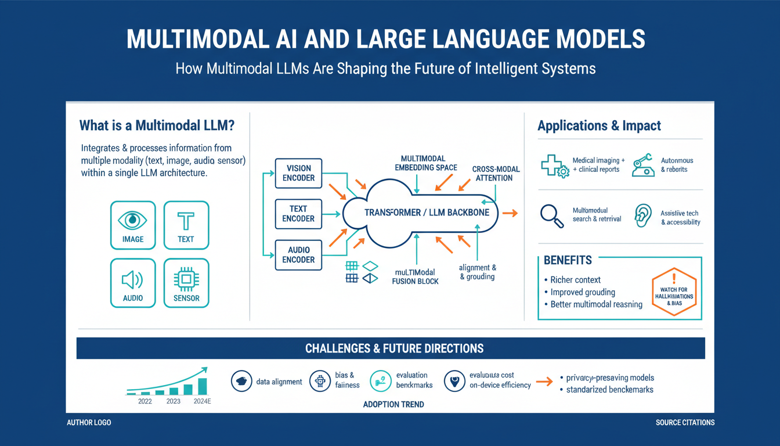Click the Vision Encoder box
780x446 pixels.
tap(298, 173)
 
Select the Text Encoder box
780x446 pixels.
tap(298, 214)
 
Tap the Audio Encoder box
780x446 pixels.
tap(298, 255)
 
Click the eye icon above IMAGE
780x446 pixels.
tap(132, 220)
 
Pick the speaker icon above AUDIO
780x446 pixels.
tap(132, 280)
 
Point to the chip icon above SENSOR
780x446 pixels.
tap(186, 280)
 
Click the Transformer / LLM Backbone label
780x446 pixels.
tap(427, 213)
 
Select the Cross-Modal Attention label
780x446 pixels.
tap(496, 174)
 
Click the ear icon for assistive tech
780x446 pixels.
tap(642, 214)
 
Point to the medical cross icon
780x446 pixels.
tap(554, 166)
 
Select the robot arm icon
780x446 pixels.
tap(642, 164)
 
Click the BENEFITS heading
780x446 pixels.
tap(568, 260)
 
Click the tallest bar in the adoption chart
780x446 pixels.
tap(203, 386)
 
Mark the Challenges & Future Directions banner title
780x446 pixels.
tap(394, 348)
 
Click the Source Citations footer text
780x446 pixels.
tap(685, 422)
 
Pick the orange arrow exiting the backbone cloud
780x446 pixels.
tap(510, 213)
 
